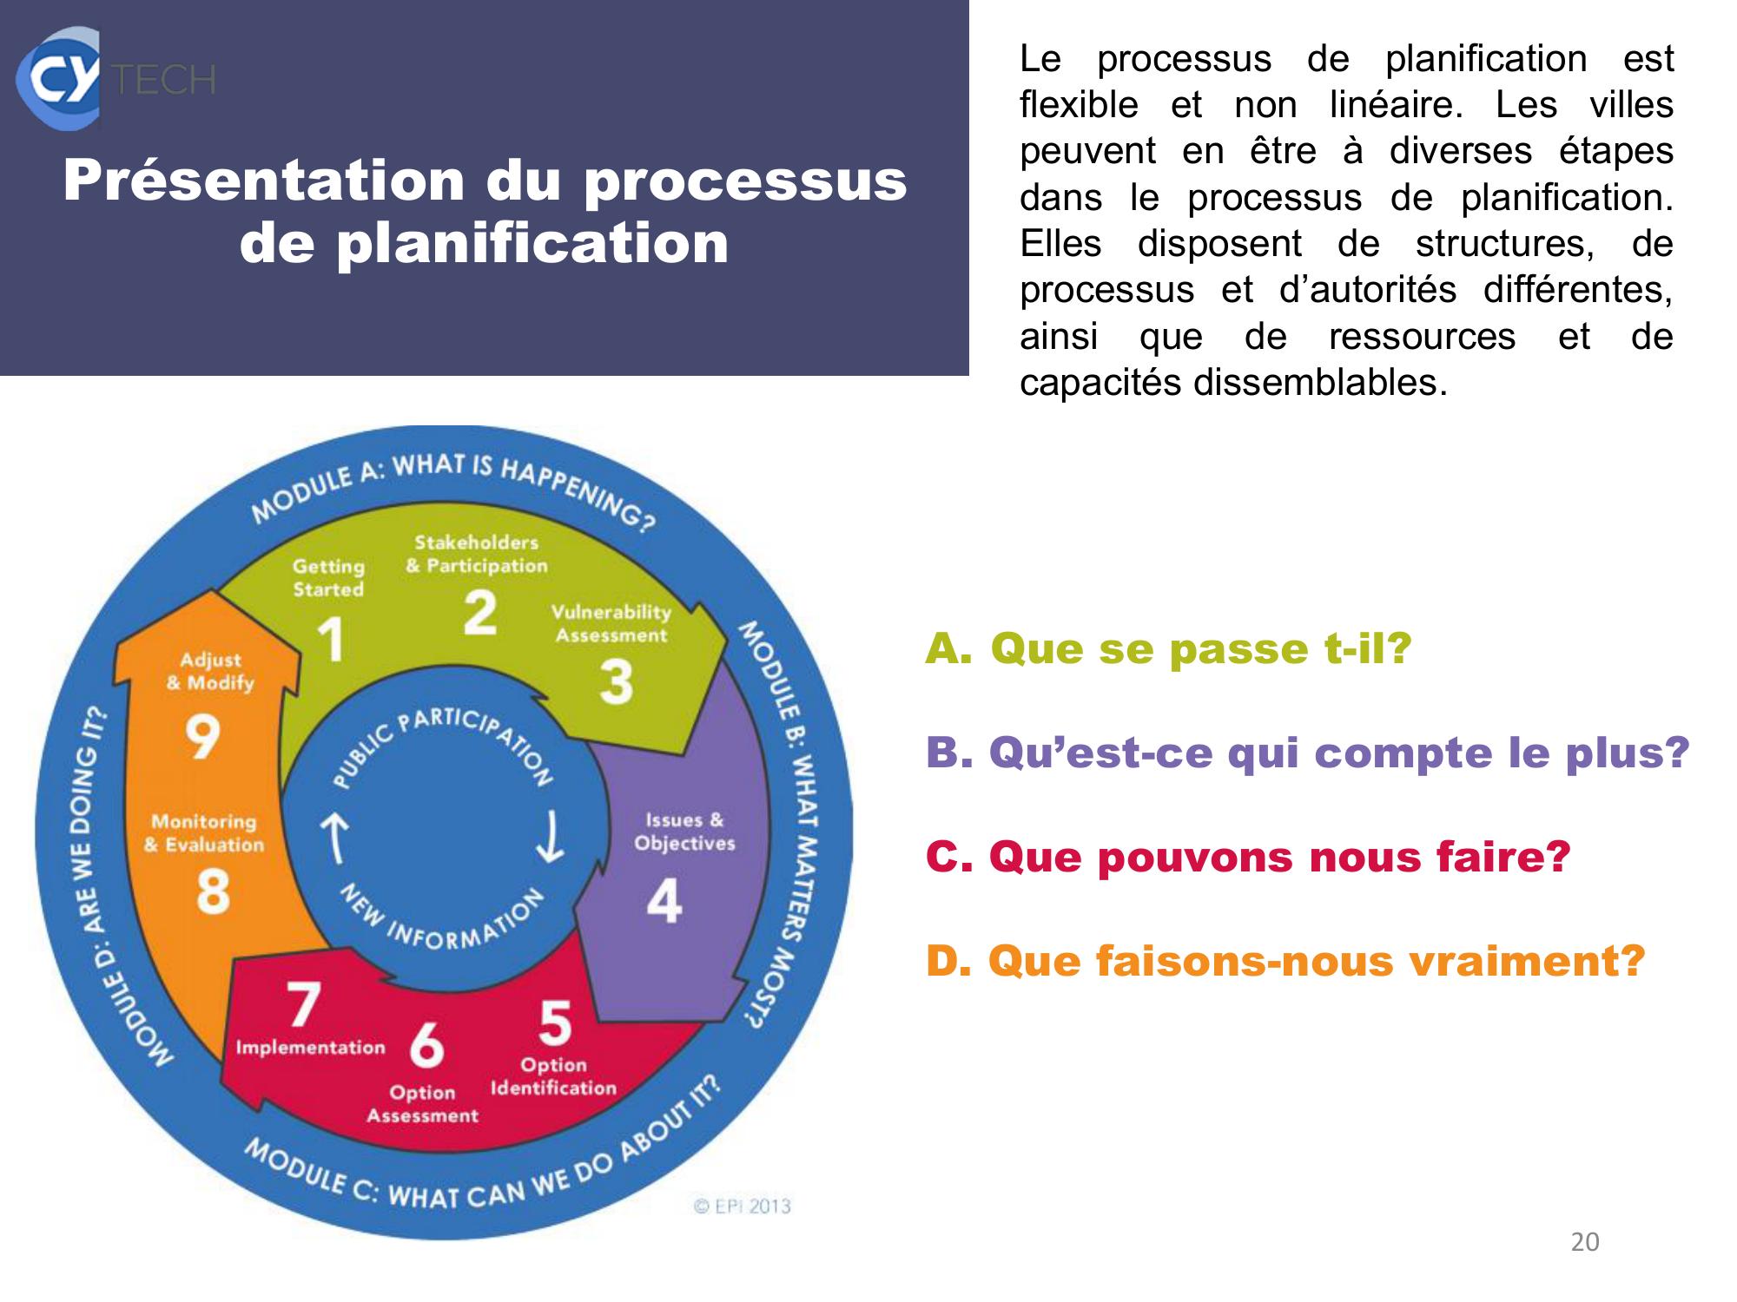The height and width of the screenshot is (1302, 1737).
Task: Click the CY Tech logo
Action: (115, 78)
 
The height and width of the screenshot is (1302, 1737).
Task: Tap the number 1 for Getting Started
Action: (331, 640)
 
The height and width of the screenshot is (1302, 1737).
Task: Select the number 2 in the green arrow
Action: (479, 612)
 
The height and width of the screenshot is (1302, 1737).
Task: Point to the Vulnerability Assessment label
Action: (611, 623)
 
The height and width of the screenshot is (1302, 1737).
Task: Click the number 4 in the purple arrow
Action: (664, 901)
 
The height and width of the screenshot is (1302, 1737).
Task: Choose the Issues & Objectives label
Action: (684, 832)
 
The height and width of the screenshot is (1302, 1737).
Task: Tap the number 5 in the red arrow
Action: (555, 1023)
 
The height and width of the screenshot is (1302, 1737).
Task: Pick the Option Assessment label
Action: (422, 1104)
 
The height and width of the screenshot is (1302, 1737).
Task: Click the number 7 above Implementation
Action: (304, 1004)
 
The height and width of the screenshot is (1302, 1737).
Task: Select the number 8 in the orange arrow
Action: (213, 892)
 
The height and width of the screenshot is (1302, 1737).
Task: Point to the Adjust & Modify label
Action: (210, 671)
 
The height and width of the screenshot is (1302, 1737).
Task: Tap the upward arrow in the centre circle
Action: (334, 838)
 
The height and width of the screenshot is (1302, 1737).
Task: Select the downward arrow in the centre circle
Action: (550, 838)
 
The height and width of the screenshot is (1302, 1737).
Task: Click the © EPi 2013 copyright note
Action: (743, 1206)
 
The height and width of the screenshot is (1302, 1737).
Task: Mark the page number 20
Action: (1585, 1242)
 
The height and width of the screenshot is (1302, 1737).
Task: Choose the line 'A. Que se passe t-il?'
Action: (1168, 648)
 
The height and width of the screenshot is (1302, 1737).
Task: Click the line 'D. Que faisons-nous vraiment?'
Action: (1285, 961)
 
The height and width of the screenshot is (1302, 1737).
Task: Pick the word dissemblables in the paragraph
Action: (1320, 382)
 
